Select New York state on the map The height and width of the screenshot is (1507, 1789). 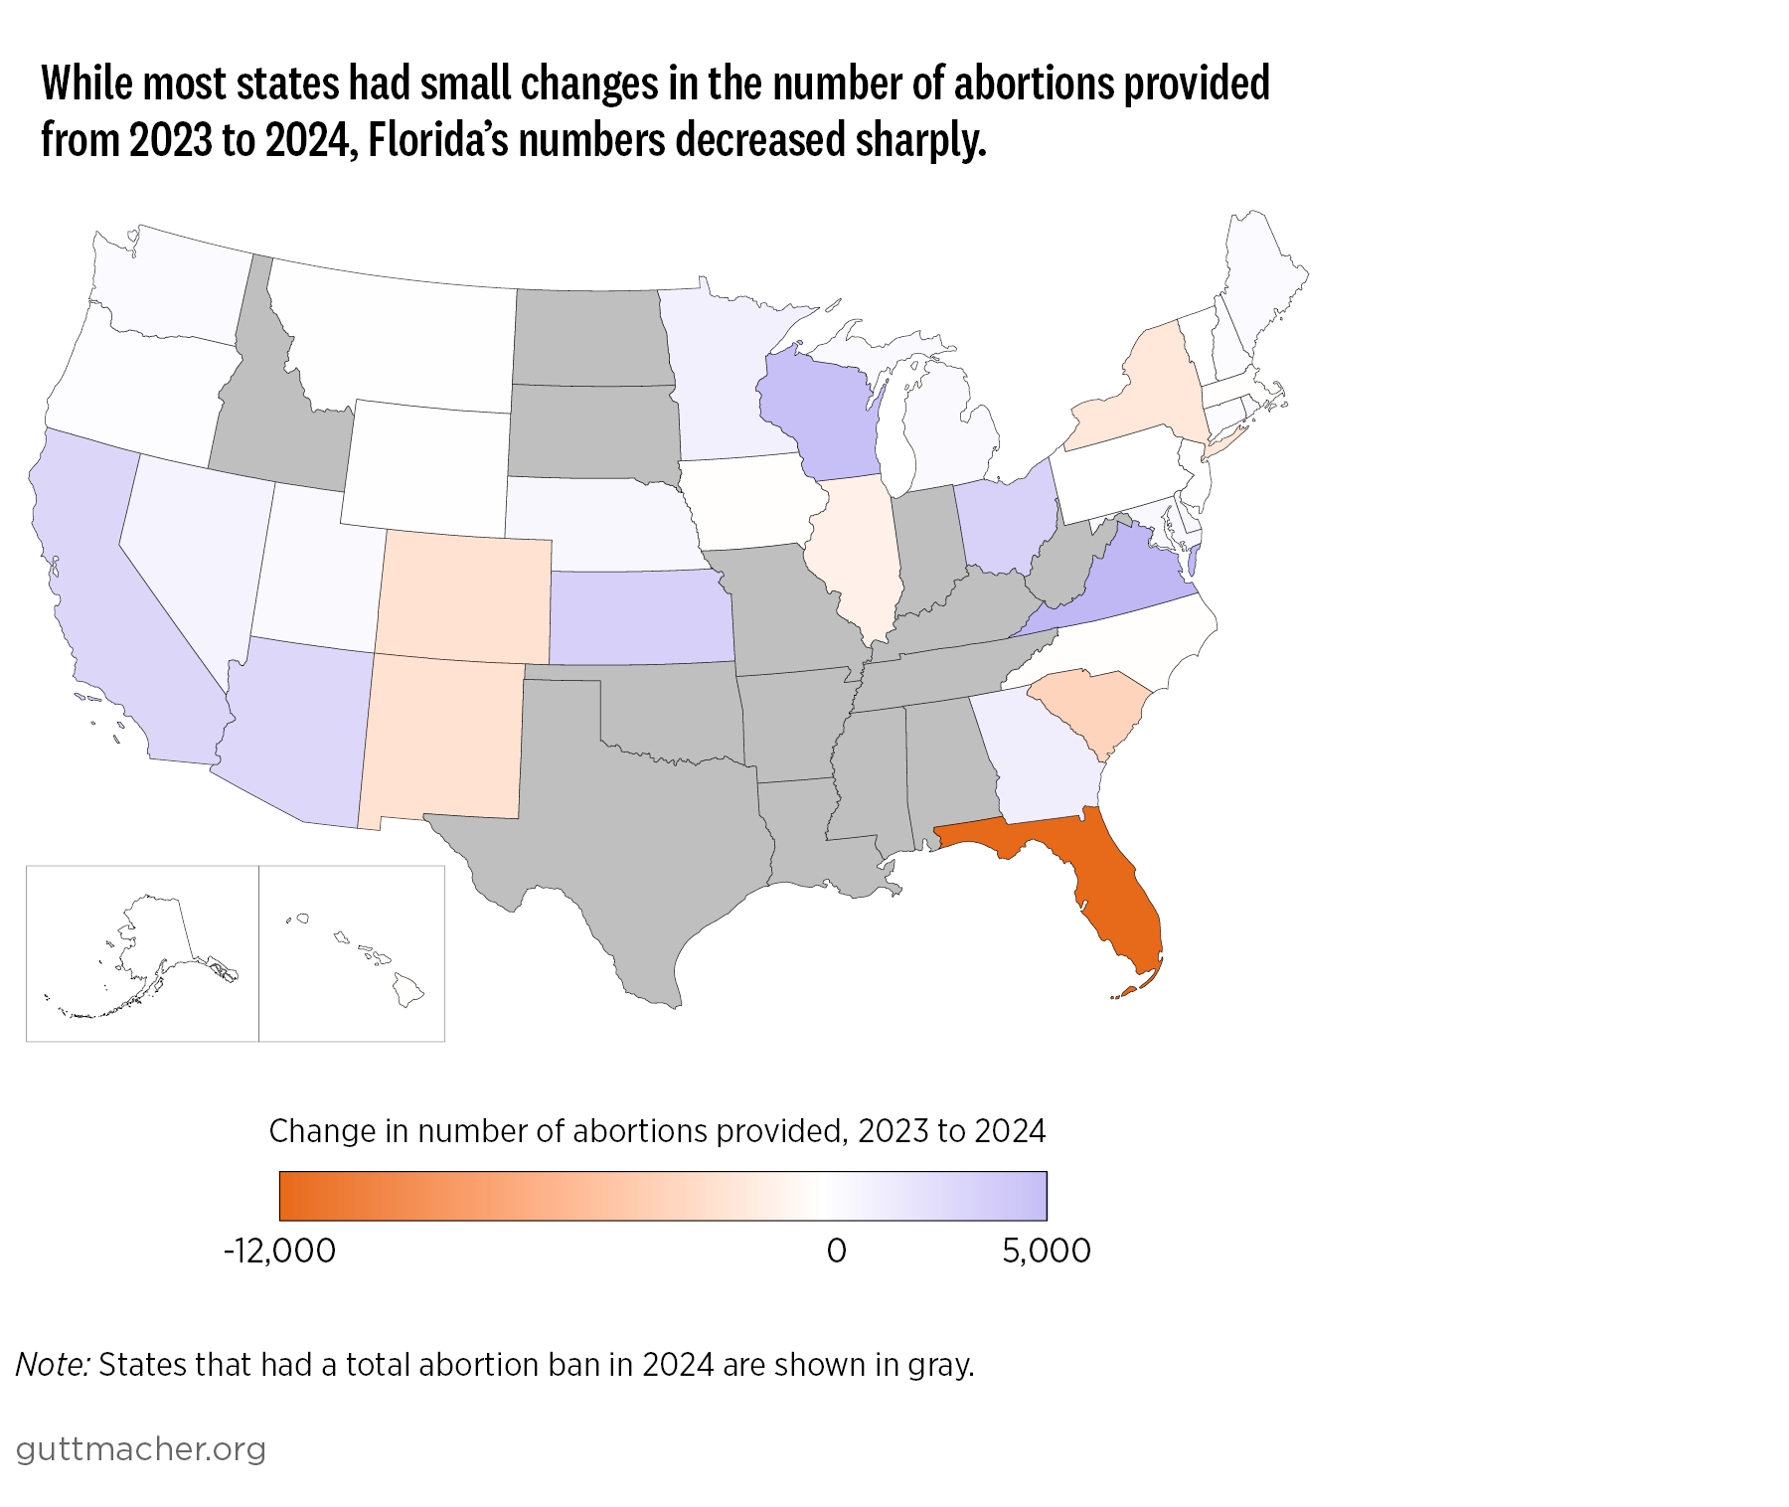click(1143, 393)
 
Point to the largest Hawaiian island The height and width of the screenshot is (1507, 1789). click(407, 989)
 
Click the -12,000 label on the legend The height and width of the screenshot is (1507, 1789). click(279, 1251)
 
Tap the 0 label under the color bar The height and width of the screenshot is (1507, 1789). click(837, 1251)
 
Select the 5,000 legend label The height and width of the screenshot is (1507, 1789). click(1046, 1251)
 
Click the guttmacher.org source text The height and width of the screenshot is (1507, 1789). click(141, 1449)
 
